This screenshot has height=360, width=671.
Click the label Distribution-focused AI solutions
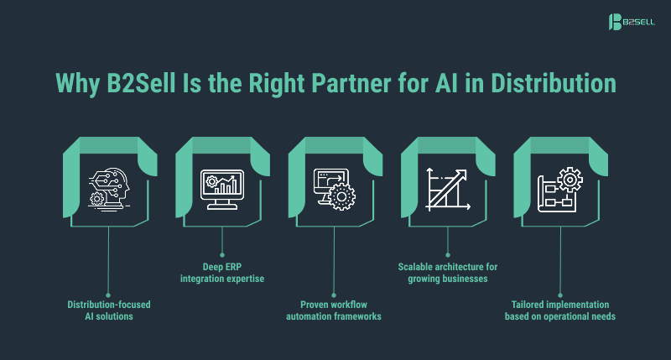pos(110,310)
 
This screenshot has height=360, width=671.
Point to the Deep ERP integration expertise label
pos(222,273)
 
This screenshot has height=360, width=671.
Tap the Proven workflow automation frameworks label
pos(335,310)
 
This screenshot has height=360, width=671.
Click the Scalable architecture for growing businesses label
pos(447,273)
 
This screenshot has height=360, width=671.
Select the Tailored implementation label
pos(559,310)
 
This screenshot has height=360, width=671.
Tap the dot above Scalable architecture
pos(447,253)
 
